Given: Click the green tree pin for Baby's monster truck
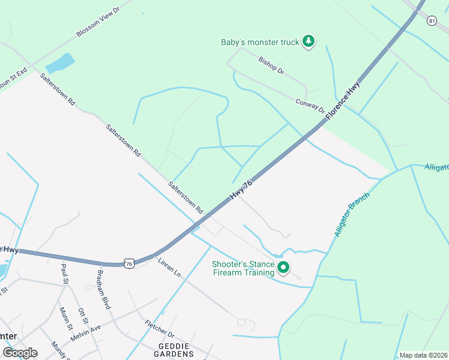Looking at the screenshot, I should [x=309, y=41].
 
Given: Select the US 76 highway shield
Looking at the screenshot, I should [x=129, y=263].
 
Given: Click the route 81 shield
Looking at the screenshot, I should [x=432, y=21].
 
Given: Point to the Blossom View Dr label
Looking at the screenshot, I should [x=98, y=22].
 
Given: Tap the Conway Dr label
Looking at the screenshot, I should [x=310, y=107].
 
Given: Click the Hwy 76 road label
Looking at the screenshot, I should [x=241, y=190].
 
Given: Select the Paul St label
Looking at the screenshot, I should [x=64, y=276].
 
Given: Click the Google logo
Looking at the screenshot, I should [x=20, y=353].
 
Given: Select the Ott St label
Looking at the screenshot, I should [x=83, y=317].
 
